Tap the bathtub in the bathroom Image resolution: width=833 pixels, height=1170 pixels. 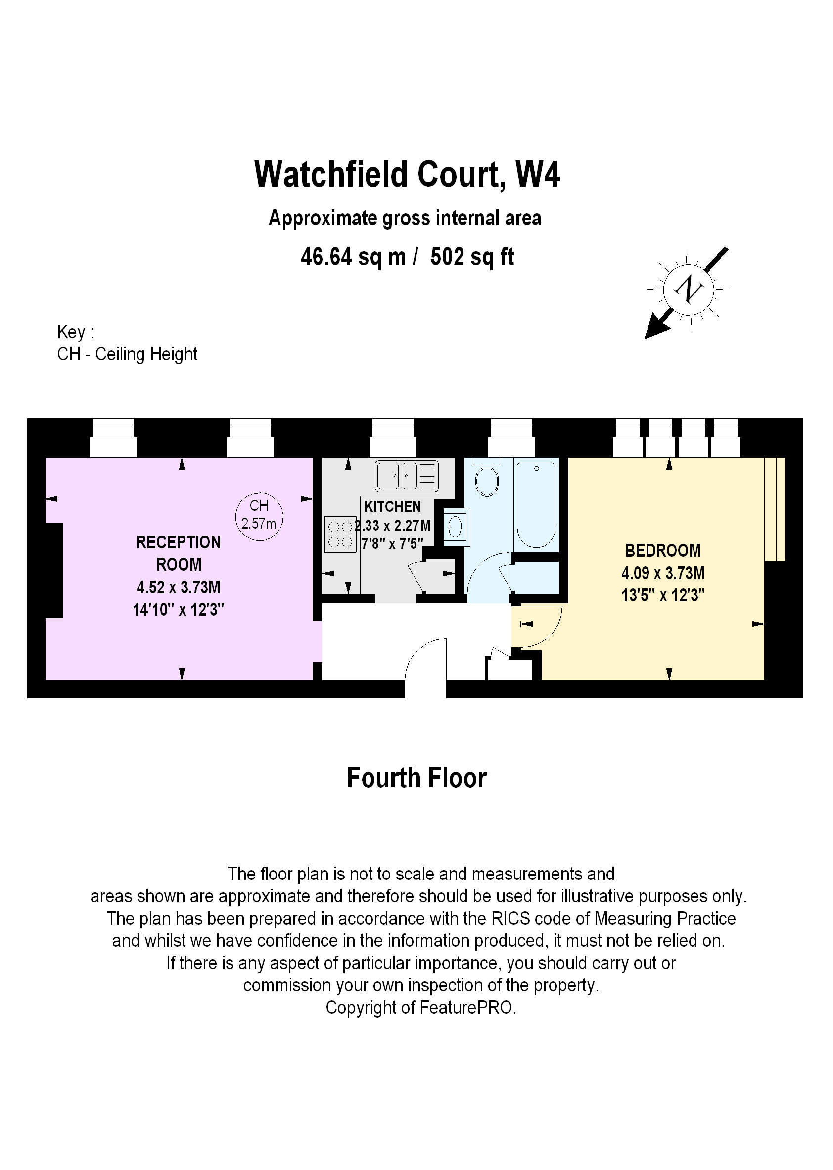coord(536,504)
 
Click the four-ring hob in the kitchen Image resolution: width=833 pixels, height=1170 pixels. coord(340,534)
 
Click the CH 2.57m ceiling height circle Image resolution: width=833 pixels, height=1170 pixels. coord(259,514)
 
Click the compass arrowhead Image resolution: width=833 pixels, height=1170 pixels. coord(655,329)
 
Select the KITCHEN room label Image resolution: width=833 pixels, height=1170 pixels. coord(392,506)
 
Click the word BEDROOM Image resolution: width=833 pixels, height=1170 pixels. coord(663,551)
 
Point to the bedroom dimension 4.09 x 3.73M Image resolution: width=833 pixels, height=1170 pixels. coord(663,573)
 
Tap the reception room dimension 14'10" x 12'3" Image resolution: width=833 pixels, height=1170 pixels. coord(179,610)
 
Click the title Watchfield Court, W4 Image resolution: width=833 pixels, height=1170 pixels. coord(407,175)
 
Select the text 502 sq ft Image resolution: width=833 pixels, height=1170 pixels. coord(472,256)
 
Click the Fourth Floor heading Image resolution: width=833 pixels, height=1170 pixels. coord(416,778)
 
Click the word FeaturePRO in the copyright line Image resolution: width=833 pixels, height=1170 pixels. coord(466,1007)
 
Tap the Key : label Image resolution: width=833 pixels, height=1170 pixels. coord(75,332)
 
